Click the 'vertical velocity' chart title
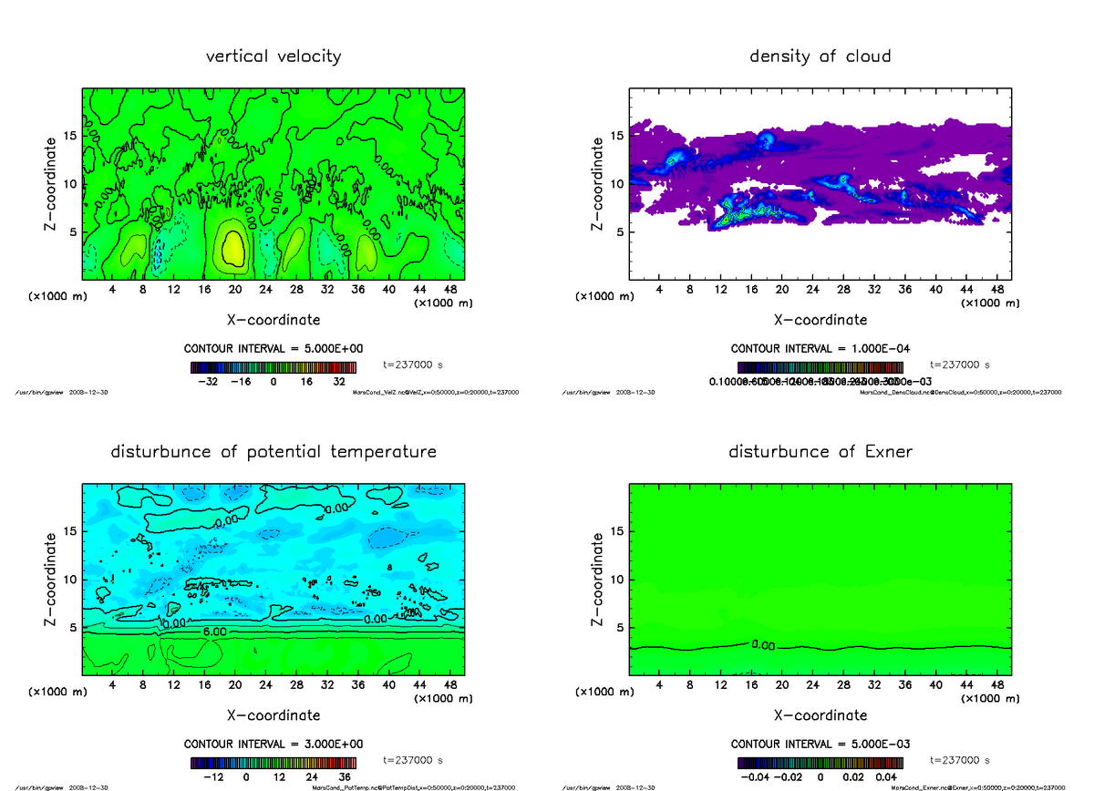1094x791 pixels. (273, 56)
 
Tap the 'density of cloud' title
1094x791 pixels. (820, 56)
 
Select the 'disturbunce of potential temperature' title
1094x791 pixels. (273, 452)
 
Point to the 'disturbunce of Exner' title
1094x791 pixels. (820, 452)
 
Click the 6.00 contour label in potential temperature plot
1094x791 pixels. (215, 632)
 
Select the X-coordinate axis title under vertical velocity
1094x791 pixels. (273, 320)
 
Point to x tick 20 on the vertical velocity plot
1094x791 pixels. (234, 290)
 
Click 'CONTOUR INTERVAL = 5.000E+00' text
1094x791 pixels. (273, 348)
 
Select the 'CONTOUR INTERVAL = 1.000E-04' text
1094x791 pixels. (820, 348)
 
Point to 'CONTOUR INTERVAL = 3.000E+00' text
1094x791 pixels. (273, 744)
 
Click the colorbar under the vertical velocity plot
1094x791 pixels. (273, 368)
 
